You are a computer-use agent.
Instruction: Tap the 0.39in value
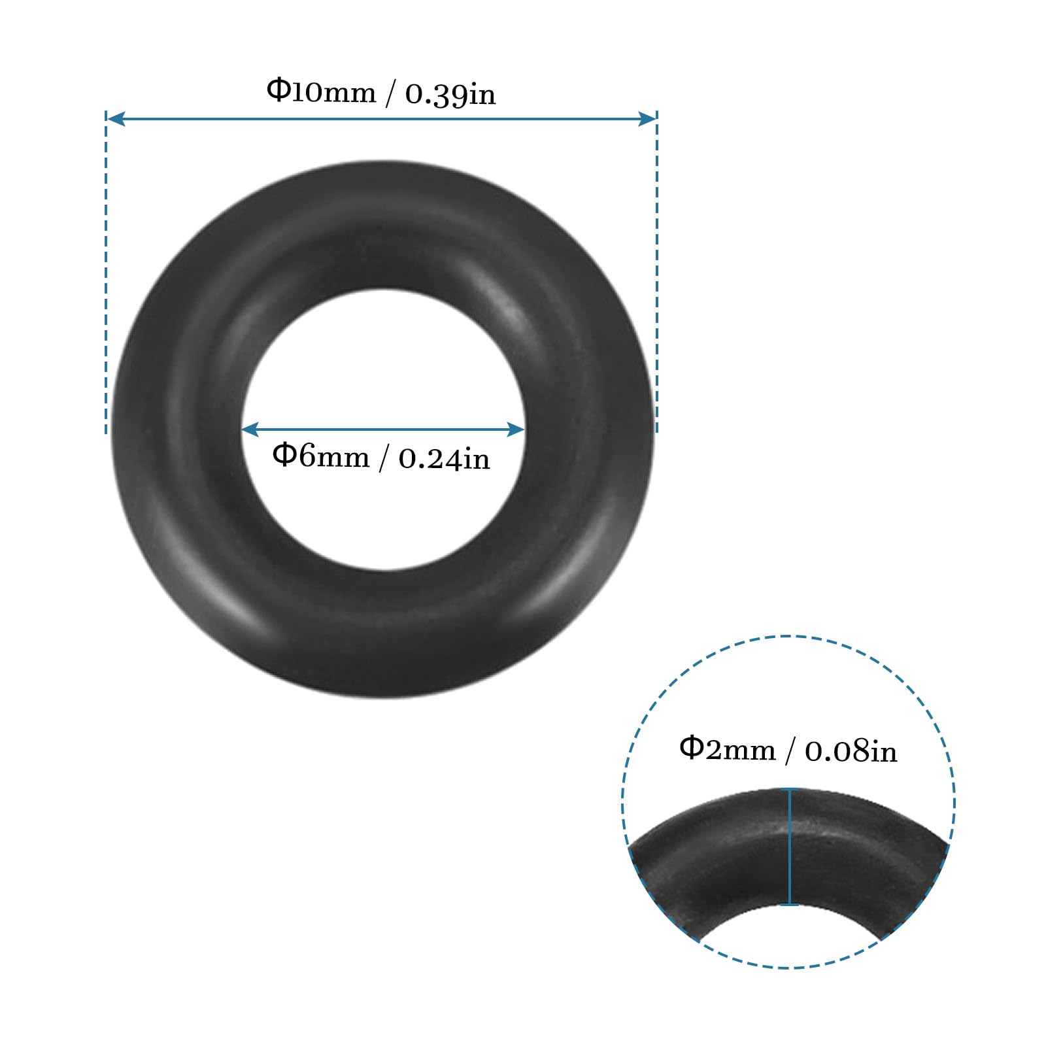(x=450, y=94)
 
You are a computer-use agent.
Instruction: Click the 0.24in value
(x=444, y=458)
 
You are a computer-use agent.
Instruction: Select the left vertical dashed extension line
(x=106, y=275)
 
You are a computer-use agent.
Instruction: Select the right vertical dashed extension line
(x=656, y=275)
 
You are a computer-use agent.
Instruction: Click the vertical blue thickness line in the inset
(x=790, y=847)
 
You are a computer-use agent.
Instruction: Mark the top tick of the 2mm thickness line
(x=790, y=790)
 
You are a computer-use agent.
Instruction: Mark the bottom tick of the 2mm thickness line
(x=790, y=905)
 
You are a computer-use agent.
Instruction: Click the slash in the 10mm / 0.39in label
(x=390, y=94)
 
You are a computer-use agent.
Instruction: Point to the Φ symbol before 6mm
(x=284, y=453)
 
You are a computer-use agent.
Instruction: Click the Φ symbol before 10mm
(x=278, y=90)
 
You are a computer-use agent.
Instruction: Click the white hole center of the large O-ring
(x=384, y=392)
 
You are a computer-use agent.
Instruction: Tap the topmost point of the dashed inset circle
(x=788, y=636)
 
